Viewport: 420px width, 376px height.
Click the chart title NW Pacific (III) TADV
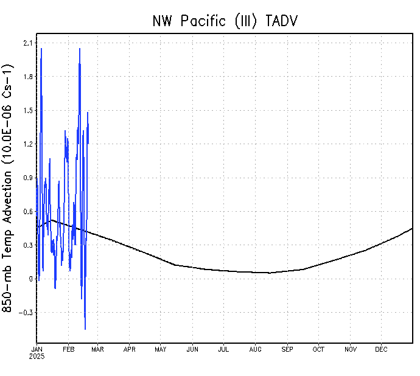[x=225, y=21]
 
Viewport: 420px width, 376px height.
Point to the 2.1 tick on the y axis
[x=27, y=43]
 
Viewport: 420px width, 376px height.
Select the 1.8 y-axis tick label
[x=27, y=77]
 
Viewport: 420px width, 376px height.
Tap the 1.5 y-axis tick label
[x=27, y=110]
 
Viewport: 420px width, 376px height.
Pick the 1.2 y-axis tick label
[x=27, y=144]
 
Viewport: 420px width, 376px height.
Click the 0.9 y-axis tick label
[x=27, y=178]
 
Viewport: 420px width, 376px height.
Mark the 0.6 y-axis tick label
[x=27, y=211]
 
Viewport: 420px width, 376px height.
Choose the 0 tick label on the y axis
[x=30, y=279]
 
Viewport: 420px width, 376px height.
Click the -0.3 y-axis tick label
[x=26, y=313]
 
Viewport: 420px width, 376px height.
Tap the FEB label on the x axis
[x=68, y=349]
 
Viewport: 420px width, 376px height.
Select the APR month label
[x=130, y=349]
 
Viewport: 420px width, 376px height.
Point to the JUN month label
[x=192, y=349]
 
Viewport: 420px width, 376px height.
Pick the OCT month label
[x=318, y=349]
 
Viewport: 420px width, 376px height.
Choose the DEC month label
[x=382, y=349]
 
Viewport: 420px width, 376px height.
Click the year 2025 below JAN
[x=37, y=356]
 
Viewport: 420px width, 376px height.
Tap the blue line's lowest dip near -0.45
[x=85, y=329]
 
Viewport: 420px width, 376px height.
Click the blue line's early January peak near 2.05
[x=41, y=49]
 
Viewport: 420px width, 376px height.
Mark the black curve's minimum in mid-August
[x=269, y=273]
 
